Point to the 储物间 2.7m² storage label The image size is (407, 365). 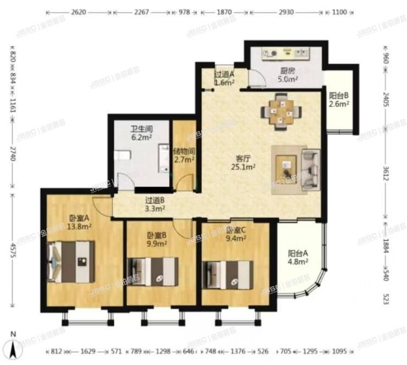184,156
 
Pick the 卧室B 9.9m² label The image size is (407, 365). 156,241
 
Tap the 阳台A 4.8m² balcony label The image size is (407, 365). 298,258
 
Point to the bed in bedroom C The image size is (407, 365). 228,273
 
